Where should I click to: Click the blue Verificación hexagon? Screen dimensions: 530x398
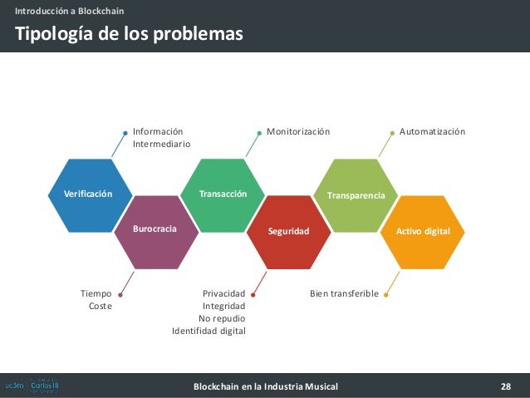pos(87,194)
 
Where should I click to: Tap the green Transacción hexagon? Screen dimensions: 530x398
pos(223,194)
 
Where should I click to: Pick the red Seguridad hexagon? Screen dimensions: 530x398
pos(289,231)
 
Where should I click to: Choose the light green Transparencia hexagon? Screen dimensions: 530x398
pos(356,194)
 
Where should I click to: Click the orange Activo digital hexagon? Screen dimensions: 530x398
pos(423,230)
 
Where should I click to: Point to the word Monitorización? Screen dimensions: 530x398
pos(297,131)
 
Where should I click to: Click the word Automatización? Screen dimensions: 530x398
pos(432,131)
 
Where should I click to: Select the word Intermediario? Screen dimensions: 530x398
pos(161,144)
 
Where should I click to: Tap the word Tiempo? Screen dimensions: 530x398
pos(96,293)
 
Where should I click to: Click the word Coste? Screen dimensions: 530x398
pos(100,306)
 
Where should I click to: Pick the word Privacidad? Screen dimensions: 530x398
pos(223,293)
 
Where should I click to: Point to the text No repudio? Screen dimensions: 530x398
pos(222,318)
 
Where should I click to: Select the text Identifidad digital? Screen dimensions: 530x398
pos(209,331)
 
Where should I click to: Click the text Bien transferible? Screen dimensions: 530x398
pos(344,293)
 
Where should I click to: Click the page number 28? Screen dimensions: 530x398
pos(505,386)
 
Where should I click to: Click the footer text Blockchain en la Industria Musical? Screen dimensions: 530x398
pos(265,386)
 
